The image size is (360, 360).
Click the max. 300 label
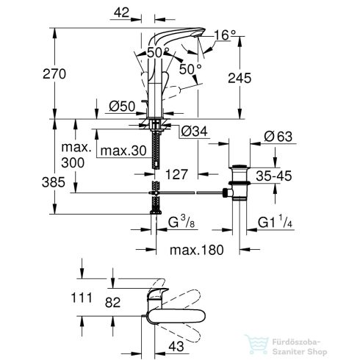click(x=79, y=155)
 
